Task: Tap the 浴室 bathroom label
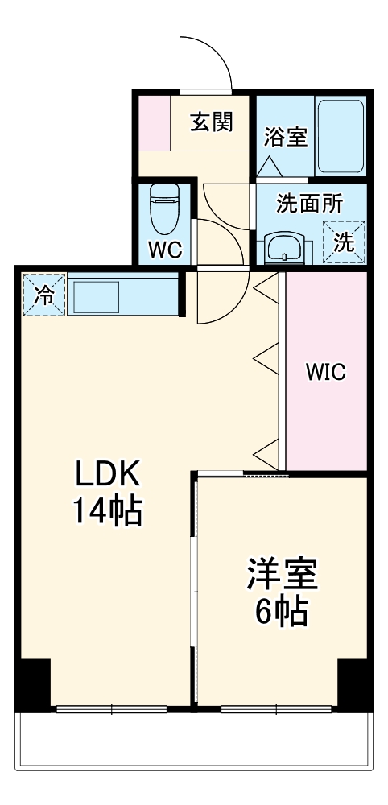[285, 137]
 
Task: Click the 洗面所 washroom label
[309, 203]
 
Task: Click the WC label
[165, 250]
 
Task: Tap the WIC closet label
[325, 372]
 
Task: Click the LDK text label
[108, 475]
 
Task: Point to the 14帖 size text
[108, 511]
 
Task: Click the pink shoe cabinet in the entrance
[154, 122]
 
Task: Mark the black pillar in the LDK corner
[33, 684]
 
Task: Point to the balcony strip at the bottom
[193, 740]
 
